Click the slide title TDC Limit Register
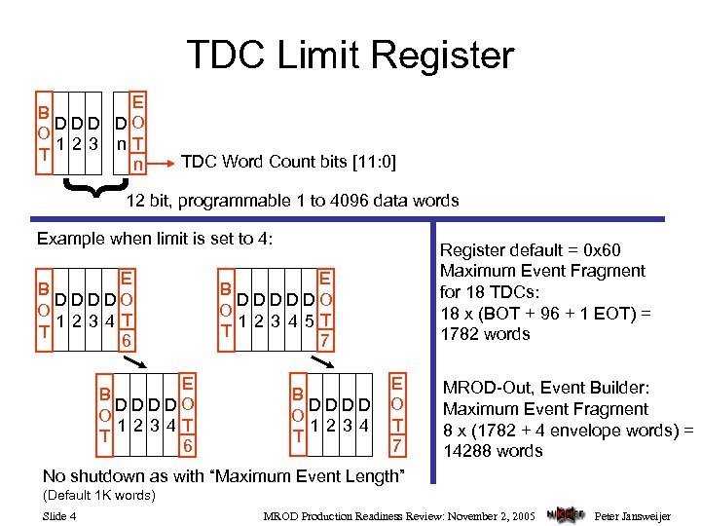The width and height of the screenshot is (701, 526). click(350, 55)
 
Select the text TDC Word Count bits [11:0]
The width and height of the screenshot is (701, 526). click(289, 161)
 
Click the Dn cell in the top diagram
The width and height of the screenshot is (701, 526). click(120, 133)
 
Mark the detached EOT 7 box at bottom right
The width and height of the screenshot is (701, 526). click(397, 413)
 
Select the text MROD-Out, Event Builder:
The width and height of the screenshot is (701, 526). click(544, 388)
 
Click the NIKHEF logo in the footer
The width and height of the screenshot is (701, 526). click(565, 512)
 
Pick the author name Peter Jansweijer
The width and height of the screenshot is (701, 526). click(633, 513)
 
